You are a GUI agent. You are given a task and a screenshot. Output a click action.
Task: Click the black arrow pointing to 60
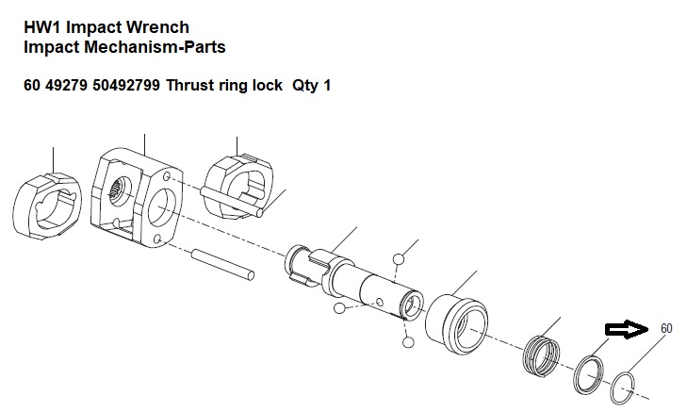tap(627, 329)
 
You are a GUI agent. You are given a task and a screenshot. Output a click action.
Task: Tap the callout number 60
tap(666, 328)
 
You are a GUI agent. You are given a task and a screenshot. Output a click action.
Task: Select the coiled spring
tap(542, 355)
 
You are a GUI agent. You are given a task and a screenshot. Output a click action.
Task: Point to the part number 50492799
tap(126, 85)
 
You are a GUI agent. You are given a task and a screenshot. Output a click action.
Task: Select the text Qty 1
tap(312, 85)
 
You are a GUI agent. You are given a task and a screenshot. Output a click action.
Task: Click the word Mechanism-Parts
tap(155, 47)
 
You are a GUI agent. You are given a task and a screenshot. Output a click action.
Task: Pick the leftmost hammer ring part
tap(47, 206)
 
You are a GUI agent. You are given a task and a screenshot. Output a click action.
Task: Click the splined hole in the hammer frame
tap(118, 191)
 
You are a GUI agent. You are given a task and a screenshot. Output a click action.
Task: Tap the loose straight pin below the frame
tap(223, 264)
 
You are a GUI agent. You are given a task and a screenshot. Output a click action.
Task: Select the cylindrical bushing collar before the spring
tap(456, 323)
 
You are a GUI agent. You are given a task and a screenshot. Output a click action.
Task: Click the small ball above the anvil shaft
tap(399, 259)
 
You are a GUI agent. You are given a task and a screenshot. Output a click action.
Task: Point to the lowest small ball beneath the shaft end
tap(408, 342)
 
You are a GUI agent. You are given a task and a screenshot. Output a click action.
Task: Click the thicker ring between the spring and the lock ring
tap(590, 374)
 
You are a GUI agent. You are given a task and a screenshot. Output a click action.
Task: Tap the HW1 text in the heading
tap(42, 27)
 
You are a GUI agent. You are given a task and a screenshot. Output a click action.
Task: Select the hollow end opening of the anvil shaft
tap(413, 305)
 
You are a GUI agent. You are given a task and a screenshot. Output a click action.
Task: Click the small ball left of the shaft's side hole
tap(339, 308)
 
